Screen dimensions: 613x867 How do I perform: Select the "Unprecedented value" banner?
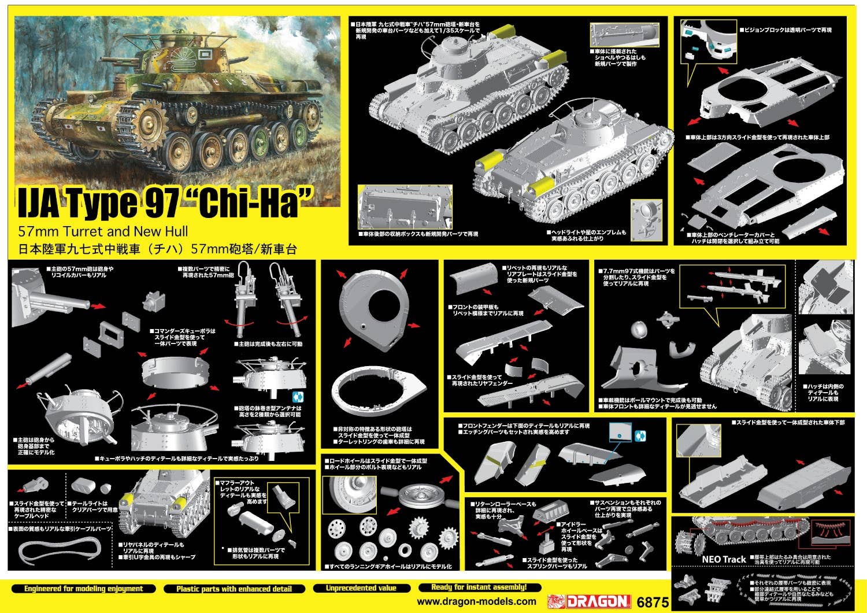coord(361,588)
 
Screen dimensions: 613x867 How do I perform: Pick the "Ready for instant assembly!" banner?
coord(479,587)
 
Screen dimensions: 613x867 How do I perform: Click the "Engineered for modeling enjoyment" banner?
coord(83,589)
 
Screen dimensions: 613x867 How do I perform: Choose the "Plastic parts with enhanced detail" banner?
coord(234,589)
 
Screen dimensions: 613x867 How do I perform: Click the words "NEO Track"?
coord(724,559)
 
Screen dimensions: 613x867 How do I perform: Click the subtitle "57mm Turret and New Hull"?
coord(103,232)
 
